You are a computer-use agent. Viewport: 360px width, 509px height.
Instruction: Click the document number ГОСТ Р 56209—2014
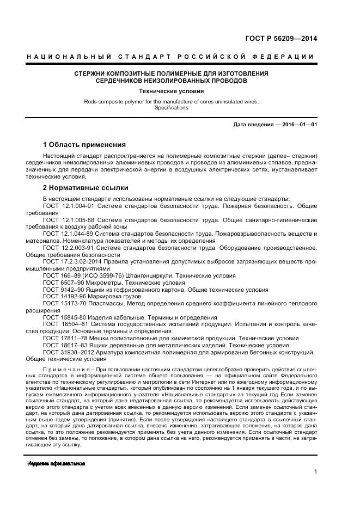(282, 39)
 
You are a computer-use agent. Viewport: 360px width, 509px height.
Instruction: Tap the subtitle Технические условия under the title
(172, 91)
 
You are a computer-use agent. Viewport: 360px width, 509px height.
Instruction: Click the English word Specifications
(172, 108)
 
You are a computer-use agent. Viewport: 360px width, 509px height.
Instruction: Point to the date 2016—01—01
(299, 125)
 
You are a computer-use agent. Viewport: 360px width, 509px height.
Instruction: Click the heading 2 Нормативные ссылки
(86, 188)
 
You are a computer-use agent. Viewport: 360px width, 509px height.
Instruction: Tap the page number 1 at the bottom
(315, 472)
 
